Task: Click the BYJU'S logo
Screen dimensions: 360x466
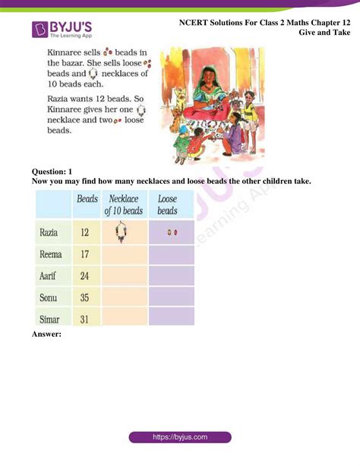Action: coord(60,30)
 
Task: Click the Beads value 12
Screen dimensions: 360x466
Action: coord(86,230)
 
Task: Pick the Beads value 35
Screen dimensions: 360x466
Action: coord(86,298)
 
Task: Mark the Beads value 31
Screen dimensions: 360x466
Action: coord(86,319)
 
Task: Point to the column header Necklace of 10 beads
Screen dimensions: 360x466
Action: coord(123,204)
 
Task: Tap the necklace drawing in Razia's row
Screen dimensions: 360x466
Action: coord(122,232)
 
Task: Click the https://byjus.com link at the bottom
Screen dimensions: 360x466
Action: coord(180,438)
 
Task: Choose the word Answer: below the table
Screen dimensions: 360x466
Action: coord(47,333)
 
